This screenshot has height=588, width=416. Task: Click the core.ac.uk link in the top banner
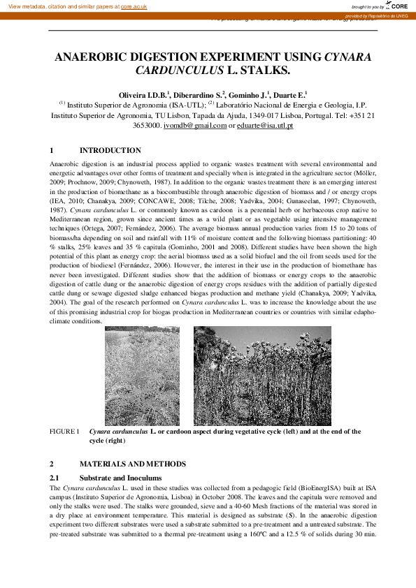(x=131, y=6)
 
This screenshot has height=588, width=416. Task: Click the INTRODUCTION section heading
(x=110, y=150)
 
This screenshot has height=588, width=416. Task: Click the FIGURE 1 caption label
(x=65, y=432)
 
